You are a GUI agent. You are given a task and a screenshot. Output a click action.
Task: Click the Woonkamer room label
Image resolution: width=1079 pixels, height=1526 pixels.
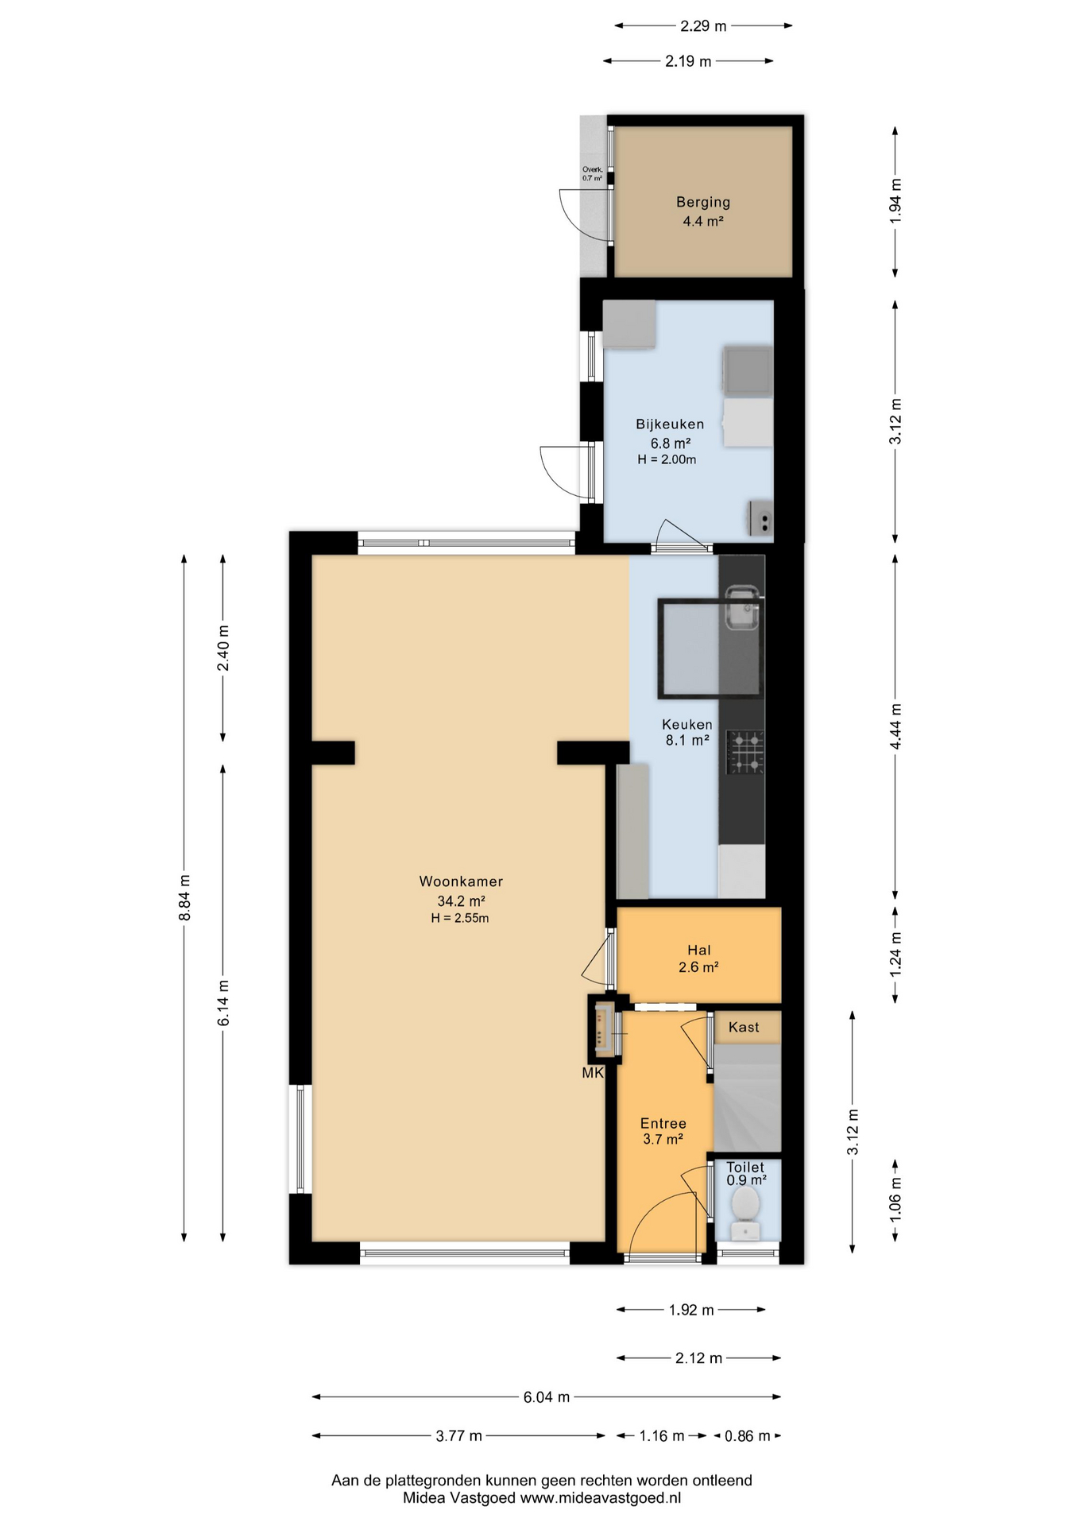pos(461,881)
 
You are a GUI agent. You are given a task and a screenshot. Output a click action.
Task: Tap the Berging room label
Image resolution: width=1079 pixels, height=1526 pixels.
pos(703,202)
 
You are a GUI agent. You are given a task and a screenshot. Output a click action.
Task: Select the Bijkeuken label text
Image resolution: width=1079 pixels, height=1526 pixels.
pos(670,424)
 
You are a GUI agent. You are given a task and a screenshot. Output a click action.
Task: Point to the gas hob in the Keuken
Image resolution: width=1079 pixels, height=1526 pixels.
pos(745,752)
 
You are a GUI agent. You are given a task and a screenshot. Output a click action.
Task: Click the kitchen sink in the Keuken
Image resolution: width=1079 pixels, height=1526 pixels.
pos(742,606)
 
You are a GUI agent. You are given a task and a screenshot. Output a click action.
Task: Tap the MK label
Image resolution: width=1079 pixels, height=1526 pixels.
pos(593,1073)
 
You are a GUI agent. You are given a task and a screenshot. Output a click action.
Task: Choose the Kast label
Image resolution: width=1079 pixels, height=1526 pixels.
pos(744,1027)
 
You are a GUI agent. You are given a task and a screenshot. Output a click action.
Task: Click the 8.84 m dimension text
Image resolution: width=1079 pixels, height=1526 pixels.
pos(184,897)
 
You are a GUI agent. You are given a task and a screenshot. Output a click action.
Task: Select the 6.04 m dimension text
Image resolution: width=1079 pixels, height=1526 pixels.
pos(547,1396)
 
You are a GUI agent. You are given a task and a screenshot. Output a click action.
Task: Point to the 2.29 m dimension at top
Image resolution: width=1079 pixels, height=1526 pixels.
pos(703,26)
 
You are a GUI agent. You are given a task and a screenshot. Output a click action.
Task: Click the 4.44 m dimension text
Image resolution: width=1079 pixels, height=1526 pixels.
pos(895,726)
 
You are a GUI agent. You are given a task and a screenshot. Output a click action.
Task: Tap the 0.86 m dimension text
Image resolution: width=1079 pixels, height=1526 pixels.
pos(747,1435)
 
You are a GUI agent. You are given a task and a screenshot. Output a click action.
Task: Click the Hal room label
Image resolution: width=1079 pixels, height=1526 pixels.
pos(699,950)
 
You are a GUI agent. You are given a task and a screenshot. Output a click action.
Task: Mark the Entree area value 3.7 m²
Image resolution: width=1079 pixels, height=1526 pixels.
pos(663,1139)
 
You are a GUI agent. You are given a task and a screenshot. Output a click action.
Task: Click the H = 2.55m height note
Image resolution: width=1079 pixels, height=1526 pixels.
pos(460,918)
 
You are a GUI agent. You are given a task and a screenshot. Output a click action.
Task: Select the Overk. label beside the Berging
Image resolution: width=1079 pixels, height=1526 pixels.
pos(593,169)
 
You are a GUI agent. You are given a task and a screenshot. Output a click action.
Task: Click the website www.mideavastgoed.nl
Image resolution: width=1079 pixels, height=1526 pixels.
pos(601,1498)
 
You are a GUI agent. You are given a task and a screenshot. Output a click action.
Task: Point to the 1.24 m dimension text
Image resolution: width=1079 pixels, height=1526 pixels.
pos(895,954)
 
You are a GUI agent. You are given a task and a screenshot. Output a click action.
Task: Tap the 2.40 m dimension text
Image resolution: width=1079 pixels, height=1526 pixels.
pos(223,648)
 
